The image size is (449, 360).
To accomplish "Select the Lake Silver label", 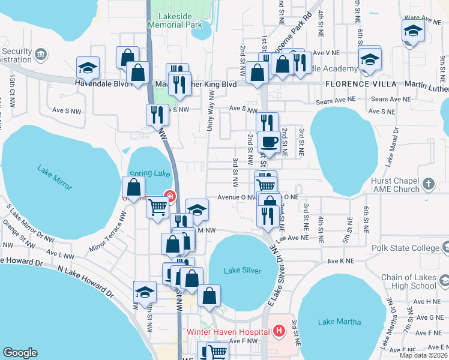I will [243, 271].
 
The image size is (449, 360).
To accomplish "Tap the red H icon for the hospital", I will [279, 331].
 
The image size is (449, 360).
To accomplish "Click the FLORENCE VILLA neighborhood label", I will [359, 85].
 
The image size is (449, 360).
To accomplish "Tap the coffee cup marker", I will [269, 143].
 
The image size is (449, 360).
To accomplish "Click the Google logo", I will [20, 353].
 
